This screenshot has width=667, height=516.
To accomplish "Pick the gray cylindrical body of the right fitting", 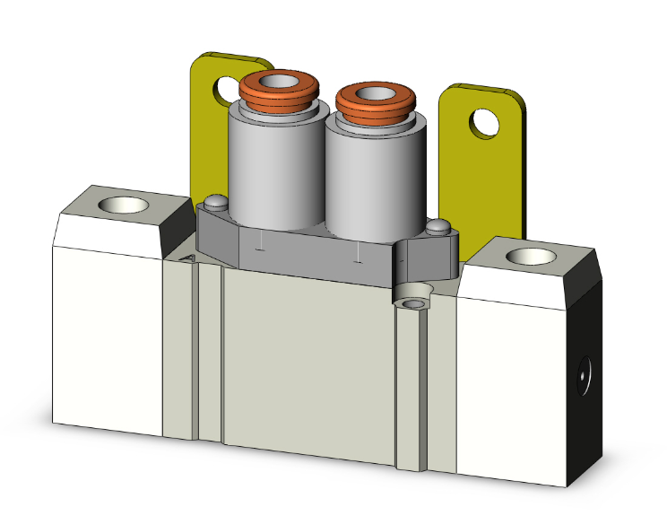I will pos(359,175).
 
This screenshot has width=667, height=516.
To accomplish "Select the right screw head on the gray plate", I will pos(437,227).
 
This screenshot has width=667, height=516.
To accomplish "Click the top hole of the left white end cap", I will pos(117,206).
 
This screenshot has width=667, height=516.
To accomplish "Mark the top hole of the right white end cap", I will pos(524,258).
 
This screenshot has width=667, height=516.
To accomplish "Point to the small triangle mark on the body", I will pos(189,258).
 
